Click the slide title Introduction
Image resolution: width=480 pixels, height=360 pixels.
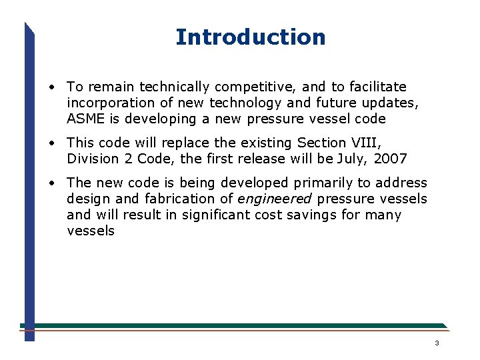point(250,37)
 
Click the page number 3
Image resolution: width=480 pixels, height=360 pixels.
point(437,343)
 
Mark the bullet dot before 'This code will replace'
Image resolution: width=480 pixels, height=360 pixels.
point(51,143)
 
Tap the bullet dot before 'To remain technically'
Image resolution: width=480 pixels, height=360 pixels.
point(51,87)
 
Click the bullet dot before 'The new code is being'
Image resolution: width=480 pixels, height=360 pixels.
point(51,183)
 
